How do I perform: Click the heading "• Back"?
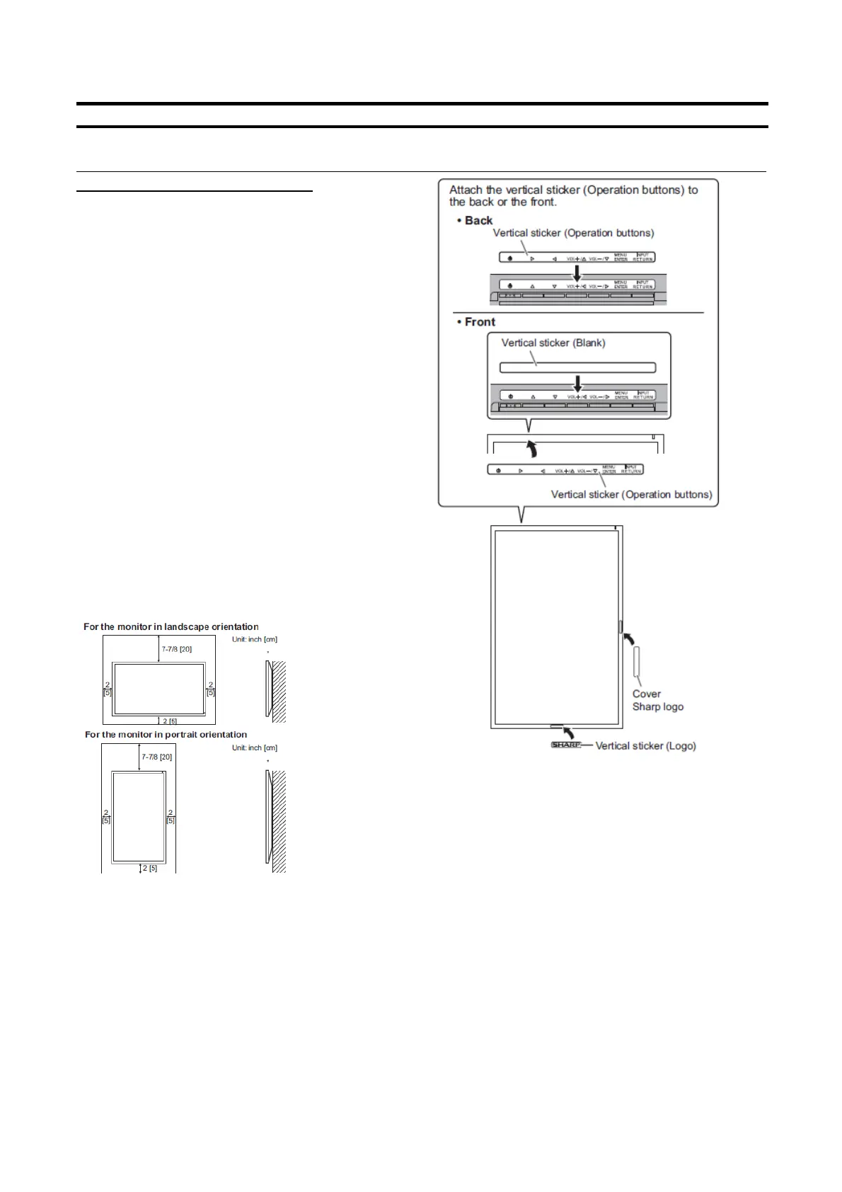tap(475, 220)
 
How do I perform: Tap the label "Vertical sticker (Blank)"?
tap(553, 343)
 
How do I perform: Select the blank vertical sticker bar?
tap(577, 367)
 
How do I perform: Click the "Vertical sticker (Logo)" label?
tap(645, 745)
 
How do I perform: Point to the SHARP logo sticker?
tap(566, 745)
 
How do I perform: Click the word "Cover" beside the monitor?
tap(646, 694)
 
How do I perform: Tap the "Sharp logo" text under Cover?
tap(657, 706)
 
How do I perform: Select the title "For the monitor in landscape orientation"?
tap(171, 626)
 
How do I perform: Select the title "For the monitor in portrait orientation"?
tap(166, 734)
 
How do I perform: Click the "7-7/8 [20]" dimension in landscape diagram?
tap(176, 648)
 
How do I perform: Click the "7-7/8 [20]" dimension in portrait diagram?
tap(156, 757)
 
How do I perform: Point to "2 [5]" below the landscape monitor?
tap(170, 721)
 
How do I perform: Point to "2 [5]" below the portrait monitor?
tap(149, 868)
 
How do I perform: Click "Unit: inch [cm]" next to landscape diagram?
tap(254, 639)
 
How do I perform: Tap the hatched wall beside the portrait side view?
tap(279, 821)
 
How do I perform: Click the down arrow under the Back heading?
tap(577, 273)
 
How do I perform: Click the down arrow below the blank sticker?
tap(577, 382)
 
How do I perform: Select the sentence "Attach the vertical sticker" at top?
tap(573, 195)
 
